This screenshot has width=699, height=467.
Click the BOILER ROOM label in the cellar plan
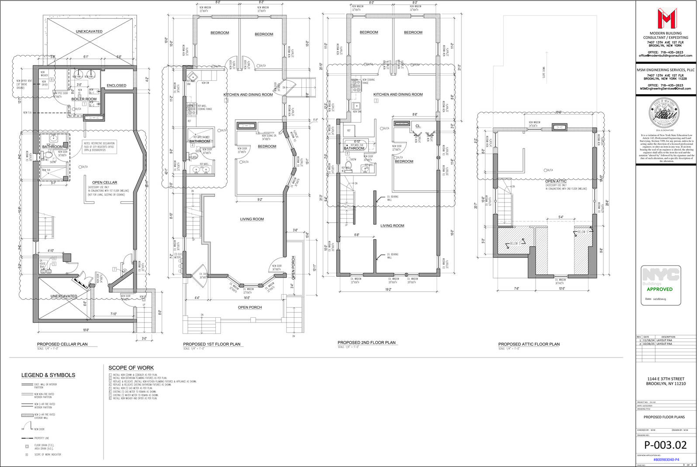coord(84,99)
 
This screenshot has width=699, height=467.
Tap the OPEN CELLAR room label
coord(104,182)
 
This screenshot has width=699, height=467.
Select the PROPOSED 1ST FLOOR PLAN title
coord(211,344)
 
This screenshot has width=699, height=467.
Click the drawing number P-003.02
coord(665,445)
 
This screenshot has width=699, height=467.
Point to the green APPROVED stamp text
coord(660,289)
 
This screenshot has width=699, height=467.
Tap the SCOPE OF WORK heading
coord(131,368)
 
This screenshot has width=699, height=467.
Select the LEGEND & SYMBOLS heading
coord(48,375)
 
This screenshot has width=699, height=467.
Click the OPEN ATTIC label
coord(556,181)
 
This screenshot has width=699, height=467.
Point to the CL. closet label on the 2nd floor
coord(418,126)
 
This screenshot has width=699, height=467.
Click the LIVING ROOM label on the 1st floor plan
coord(252,219)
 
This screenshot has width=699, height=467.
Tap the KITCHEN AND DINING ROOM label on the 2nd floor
coord(398,94)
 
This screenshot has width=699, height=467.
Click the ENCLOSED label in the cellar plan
coord(116,86)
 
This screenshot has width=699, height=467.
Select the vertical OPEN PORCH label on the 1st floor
coord(293,267)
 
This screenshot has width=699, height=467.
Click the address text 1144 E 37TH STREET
coord(666,379)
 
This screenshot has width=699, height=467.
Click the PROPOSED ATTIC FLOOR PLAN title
coord(529,344)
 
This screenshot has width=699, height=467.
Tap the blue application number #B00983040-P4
coord(666,460)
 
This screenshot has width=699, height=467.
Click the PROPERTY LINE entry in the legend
coord(42,438)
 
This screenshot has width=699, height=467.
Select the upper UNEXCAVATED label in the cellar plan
coord(89,31)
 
